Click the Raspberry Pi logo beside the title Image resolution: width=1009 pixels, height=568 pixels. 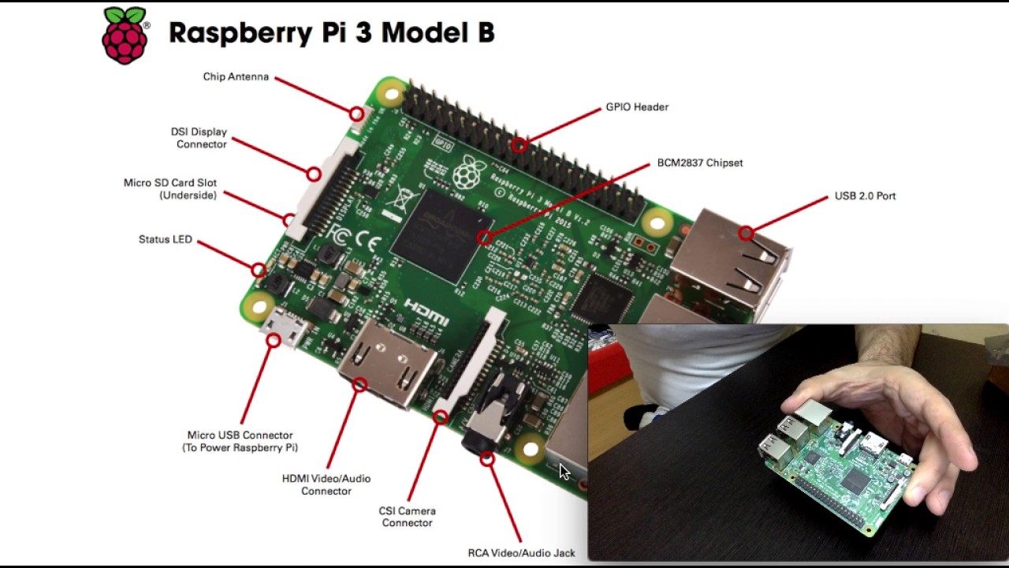point(125,35)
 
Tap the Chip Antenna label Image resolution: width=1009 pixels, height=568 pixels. point(236,77)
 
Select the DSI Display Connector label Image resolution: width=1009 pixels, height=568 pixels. point(199,138)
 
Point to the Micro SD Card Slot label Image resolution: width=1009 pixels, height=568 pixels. point(170,189)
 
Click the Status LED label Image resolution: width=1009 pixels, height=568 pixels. point(166,239)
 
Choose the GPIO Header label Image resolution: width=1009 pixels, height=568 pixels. point(637,106)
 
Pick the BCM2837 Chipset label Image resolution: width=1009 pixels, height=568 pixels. point(700,163)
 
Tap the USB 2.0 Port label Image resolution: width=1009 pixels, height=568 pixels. point(865,196)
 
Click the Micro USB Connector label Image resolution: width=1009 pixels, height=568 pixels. point(240,441)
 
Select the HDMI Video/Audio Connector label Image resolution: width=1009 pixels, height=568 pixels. point(326,484)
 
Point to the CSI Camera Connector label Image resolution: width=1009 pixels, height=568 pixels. point(408,517)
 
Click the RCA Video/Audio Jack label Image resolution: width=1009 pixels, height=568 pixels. point(521,553)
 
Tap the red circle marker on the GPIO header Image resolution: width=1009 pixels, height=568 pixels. point(519,145)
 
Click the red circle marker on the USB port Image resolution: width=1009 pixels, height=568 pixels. point(746,233)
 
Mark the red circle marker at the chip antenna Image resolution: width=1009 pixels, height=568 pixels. point(356,114)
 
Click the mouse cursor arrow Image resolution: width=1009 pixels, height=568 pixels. point(564,472)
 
